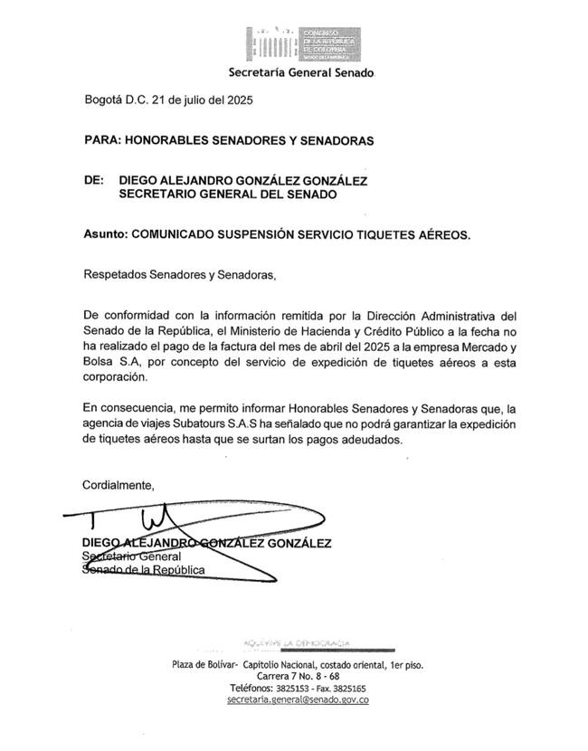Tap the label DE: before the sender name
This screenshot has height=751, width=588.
click(x=93, y=180)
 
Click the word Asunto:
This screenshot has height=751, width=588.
click(x=105, y=233)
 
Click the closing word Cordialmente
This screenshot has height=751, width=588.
click(x=119, y=485)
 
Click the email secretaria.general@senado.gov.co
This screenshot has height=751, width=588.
click(x=298, y=699)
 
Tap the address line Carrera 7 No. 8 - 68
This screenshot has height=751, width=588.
click(x=298, y=676)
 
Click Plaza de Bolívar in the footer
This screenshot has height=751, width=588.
click(x=204, y=664)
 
